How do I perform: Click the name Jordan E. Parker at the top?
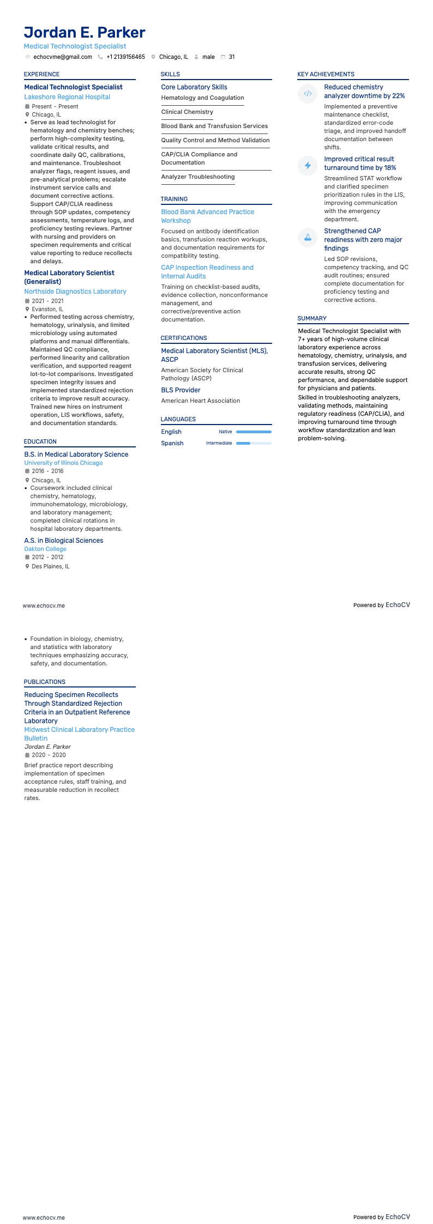tap(85, 32)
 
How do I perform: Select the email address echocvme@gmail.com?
tap(63, 57)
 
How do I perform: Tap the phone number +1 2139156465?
tap(125, 57)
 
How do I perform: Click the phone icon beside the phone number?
tap(100, 57)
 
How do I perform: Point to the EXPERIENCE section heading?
tap(41, 74)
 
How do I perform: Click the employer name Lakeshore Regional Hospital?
tap(67, 97)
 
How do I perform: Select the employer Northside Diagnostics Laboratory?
tap(75, 292)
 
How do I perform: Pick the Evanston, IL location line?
tap(47, 309)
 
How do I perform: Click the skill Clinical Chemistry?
tap(187, 112)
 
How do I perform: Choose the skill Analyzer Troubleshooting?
tap(198, 177)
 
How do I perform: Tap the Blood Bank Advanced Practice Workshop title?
tap(207, 216)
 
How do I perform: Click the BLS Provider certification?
tap(181, 390)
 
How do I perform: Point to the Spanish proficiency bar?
tap(254, 443)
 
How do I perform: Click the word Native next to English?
tap(225, 432)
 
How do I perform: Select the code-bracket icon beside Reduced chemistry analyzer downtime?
tap(308, 93)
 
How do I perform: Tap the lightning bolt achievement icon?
tap(308, 165)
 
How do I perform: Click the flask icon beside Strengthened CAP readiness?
tap(308, 237)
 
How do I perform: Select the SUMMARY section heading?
tap(312, 318)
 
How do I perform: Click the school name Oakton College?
tap(45, 549)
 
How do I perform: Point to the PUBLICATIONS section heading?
tap(45, 682)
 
